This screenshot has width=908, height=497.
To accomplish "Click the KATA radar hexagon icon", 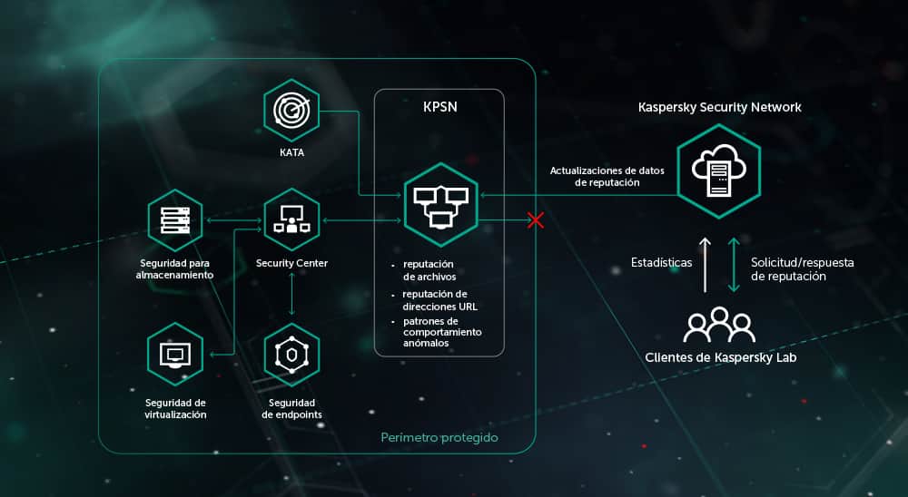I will (x=291, y=111).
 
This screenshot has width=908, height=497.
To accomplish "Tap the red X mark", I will (x=536, y=220).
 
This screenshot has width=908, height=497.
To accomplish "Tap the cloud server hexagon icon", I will (x=718, y=171).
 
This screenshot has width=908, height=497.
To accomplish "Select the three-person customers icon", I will (x=719, y=325).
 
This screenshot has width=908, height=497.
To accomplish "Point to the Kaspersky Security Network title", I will (x=719, y=107).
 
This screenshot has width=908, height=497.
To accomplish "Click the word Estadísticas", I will (x=662, y=263).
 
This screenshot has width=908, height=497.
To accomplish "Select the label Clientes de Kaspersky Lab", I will (x=719, y=357).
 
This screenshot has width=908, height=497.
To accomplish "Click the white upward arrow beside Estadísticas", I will (x=705, y=264).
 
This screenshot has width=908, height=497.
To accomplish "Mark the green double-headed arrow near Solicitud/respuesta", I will (x=734, y=264).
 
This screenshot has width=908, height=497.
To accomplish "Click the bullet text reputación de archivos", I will (x=429, y=270).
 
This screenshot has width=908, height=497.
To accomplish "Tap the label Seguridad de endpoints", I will (x=291, y=408).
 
